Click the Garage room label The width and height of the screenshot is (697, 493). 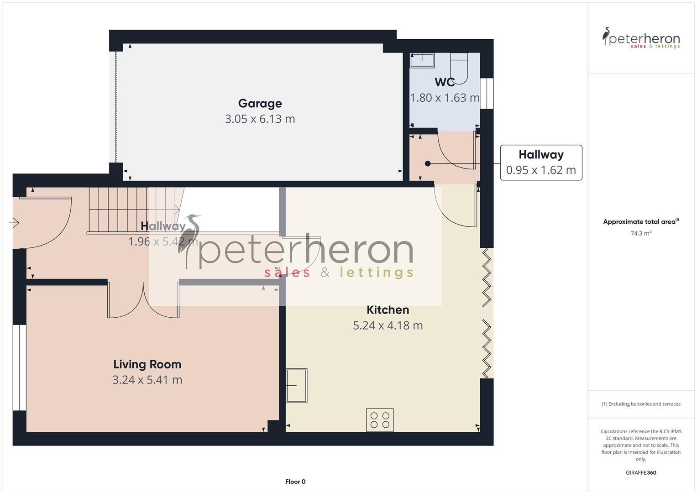point(260,104)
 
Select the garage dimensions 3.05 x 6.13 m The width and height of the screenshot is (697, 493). point(260,119)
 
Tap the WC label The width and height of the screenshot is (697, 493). point(444,82)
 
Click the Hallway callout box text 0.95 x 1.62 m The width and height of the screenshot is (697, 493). point(541,170)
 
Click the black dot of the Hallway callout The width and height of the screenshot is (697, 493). point(428,163)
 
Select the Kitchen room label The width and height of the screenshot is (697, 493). point(388,310)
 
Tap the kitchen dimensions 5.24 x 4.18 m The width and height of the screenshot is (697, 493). point(388,325)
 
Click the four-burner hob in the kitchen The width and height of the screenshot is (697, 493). point(380,420)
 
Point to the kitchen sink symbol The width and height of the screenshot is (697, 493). point(296,385)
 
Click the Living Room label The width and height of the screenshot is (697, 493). point(147,364)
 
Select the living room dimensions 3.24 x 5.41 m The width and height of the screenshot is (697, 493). point(147,380)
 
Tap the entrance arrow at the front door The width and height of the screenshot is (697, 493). point(14,223)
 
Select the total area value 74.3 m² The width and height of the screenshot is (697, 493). point(640,233)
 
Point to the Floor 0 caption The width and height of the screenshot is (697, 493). point(295,482)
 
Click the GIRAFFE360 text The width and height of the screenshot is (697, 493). point(640,472)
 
